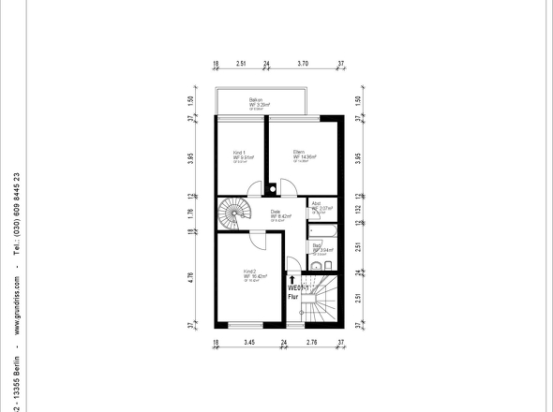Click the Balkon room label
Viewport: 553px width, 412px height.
[255, 99]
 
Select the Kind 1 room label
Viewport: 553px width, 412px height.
[240, 153]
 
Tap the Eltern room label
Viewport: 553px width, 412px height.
[299, 153]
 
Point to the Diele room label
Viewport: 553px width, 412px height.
[276, 212]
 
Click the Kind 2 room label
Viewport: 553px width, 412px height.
[248, 272]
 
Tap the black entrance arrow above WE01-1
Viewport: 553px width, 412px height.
[293, 278]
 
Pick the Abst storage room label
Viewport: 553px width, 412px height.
[317, 204]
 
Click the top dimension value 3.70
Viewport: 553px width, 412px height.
[303, 66]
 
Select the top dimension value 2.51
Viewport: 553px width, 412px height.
[241, 66]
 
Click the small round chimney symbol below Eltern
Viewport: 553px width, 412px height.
[272, 188]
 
